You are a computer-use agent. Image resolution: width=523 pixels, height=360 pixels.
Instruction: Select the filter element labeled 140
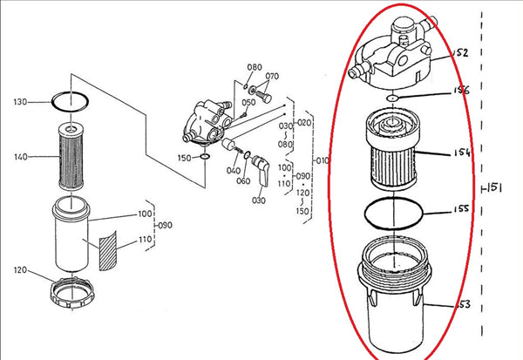pos(70,157)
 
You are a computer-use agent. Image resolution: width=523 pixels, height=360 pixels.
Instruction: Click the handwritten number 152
pos(460,53)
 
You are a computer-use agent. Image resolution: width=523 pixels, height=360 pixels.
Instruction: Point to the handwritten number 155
pos(461,210)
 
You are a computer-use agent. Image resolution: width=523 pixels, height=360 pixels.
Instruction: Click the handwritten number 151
pos(494,187)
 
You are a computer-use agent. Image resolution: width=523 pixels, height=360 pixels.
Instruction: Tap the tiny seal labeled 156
pos(394,98)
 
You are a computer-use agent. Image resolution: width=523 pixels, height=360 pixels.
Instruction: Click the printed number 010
pos(323,160)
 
